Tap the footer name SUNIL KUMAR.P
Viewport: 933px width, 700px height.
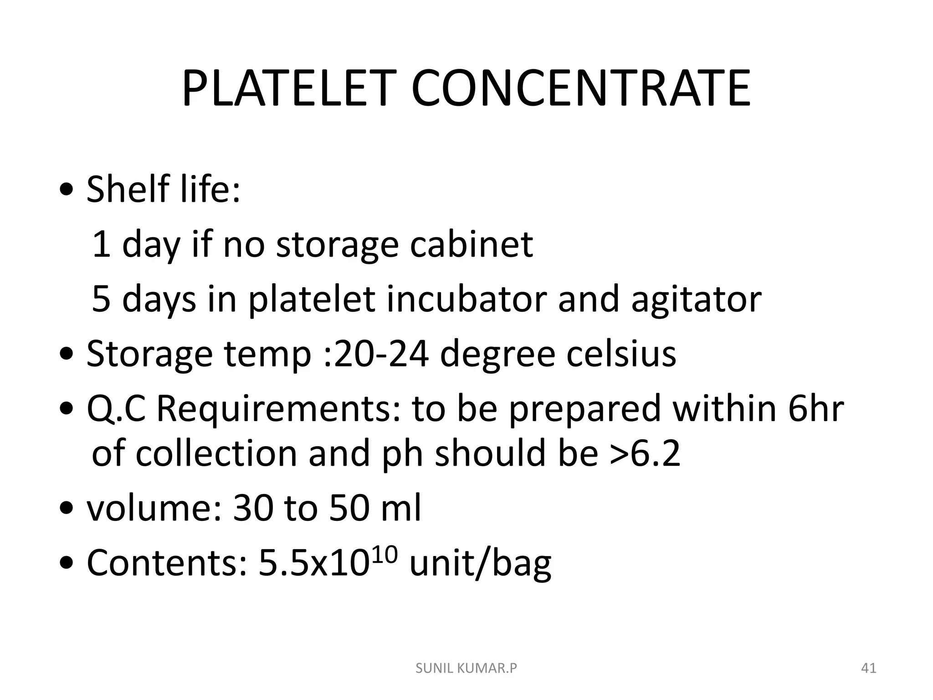coord(466,669)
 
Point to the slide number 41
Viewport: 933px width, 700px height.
coord(869,669)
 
